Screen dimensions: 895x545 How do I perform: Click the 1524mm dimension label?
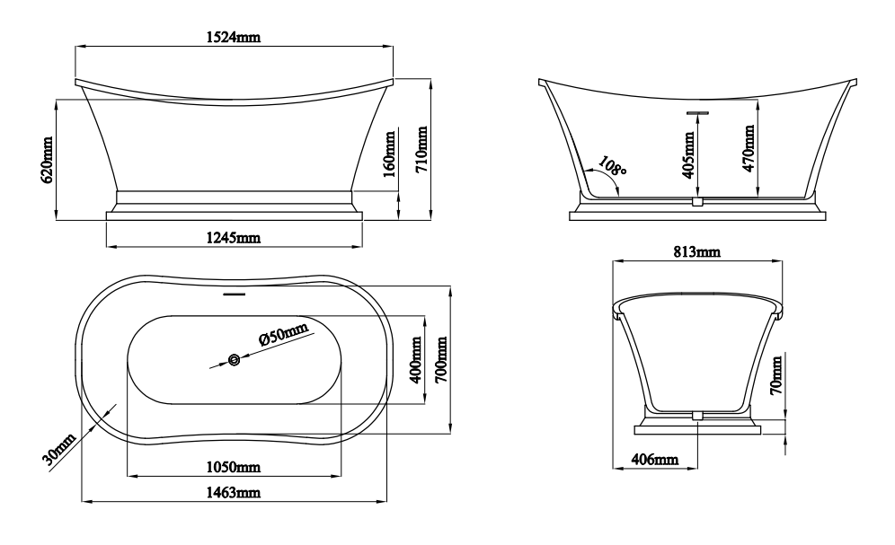(233, 37)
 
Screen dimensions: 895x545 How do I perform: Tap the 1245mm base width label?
(233, 237)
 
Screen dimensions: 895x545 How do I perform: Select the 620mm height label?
(47, 160)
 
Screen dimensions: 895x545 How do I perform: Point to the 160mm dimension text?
(389, 154)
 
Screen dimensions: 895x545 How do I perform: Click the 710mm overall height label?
(421, 150)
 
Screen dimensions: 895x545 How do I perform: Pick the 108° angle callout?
(613, 165)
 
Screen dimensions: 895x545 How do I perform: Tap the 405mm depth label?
(689, 155)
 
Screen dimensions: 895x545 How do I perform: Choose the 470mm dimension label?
(749, 148)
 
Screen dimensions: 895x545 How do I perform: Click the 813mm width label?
(696, 251)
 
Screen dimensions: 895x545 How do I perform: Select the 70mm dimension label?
(775, 375)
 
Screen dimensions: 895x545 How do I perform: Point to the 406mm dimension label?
(655, 459)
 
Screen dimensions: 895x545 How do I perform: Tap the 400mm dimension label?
(416, 360)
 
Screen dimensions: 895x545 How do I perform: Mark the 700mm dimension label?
(441, 360)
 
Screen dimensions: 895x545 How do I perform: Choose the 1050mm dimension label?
(233, 467)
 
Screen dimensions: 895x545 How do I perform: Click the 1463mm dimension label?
(233, 492)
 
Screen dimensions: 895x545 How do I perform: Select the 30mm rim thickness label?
(59, 449)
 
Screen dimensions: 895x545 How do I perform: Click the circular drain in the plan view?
(234, 360)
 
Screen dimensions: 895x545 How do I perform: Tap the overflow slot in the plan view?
(234, 294)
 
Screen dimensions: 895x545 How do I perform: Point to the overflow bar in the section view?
(697, 113)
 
